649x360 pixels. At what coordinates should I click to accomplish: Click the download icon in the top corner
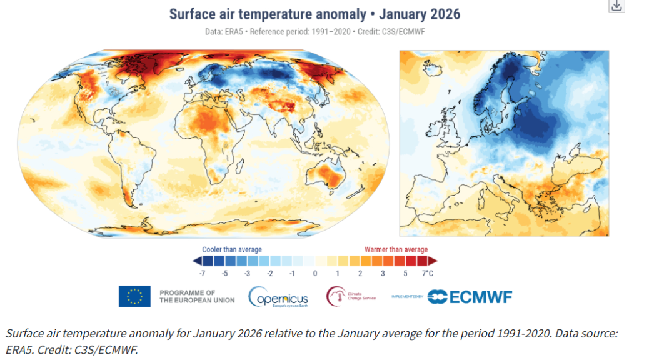tap(616, 6)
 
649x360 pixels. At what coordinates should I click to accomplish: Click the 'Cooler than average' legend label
tap(232, 250)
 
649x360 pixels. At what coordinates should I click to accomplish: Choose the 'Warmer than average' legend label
tap(396, 250)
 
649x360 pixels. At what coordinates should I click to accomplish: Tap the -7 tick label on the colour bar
tap(202, 274)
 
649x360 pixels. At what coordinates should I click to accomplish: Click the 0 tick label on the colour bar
tap(315, 274)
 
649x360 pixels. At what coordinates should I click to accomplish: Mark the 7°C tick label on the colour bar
tap(428, 274)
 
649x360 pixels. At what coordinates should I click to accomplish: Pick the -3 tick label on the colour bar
tap(247, 274)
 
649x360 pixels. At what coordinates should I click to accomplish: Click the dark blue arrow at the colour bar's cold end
tap(197, 261)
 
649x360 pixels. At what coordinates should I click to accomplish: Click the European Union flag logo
tap(134, 296)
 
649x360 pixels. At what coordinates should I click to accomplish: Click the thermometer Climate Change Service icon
tap(336, 296)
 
